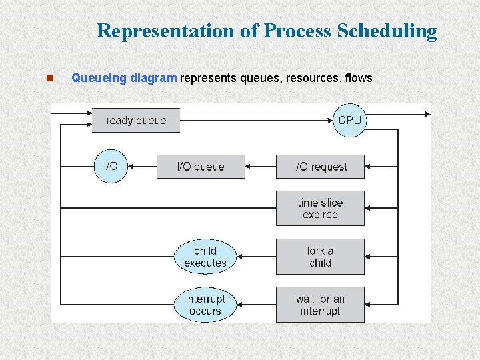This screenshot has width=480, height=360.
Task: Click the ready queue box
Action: [136, 121]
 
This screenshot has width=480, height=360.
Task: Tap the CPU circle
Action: [349, 121]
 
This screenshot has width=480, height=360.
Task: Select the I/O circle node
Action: [110, 166]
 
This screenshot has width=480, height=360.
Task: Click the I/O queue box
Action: [200, 167]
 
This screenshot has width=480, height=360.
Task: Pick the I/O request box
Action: [320, 167]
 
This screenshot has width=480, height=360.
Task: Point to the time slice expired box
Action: [320, 209]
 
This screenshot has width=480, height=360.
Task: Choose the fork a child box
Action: [320, 257]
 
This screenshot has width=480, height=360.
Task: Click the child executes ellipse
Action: [205, 257]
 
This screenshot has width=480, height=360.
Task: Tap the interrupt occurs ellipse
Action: [205, 305]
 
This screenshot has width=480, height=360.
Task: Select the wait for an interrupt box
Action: [320, 305]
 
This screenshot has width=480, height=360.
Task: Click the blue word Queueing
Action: [99, 78]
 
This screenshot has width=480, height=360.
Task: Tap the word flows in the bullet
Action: [359, 78]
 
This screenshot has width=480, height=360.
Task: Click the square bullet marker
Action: [49, 78]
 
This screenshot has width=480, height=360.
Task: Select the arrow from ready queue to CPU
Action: [257, 121]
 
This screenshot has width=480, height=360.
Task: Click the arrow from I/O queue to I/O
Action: [141, 167]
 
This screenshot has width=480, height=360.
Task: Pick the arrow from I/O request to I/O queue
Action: [261, 167]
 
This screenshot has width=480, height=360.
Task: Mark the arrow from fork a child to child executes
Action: [257, 257]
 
